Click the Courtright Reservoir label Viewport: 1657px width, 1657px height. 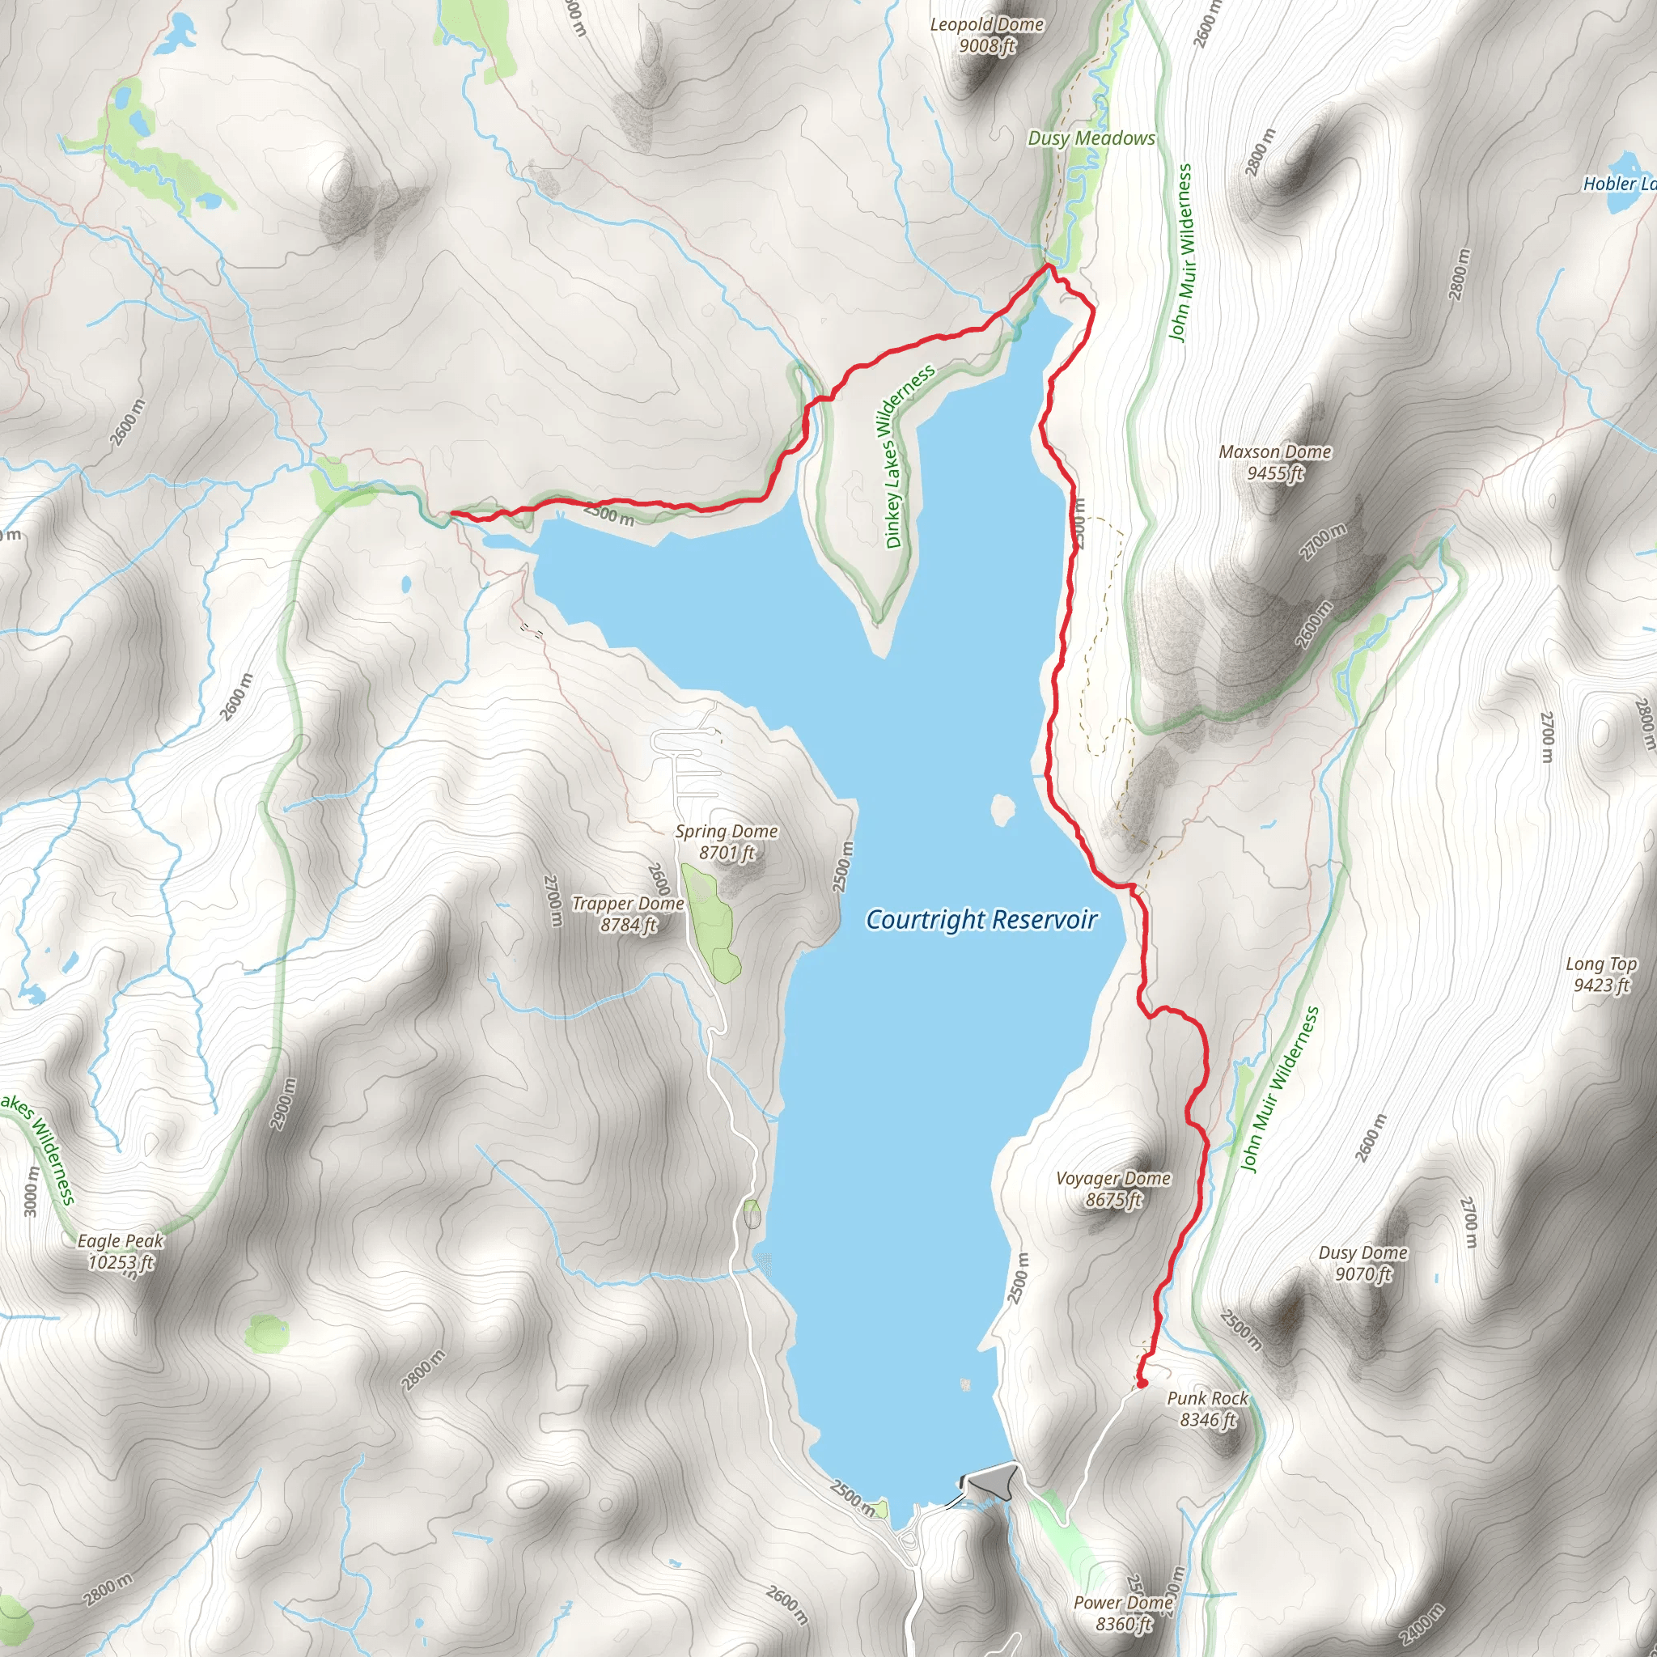click(x=981, y=919)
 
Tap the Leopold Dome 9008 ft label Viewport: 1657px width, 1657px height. click(x=987, y=35)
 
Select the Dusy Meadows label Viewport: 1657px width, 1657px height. click(x=1091, y=138)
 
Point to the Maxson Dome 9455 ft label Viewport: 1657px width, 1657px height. click(x=1274, y=462)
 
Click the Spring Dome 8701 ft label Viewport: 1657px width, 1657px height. click(x=726, y=841)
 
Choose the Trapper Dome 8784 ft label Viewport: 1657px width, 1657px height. click(x=628, y=913)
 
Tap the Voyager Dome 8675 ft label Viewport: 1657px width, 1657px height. click(x=1112, y=1189)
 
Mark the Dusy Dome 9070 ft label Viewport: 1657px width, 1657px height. click(x=1362, y=1263)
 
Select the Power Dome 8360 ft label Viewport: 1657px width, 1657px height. click(x=1124, y=1613)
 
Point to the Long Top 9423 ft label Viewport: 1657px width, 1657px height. click(x=1600, y=974)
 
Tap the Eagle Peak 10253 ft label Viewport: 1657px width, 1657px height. click(x=120, y=1252)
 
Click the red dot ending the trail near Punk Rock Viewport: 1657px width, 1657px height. click(x=1142, y=1383)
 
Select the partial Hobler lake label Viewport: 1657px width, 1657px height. click(x=1618, y=184)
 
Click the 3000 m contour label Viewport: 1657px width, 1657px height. click(x=31, y=1190)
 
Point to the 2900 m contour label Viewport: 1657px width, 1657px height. click(x=284, y=1104)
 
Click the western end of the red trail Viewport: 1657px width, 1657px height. click(x=452, y=514)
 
